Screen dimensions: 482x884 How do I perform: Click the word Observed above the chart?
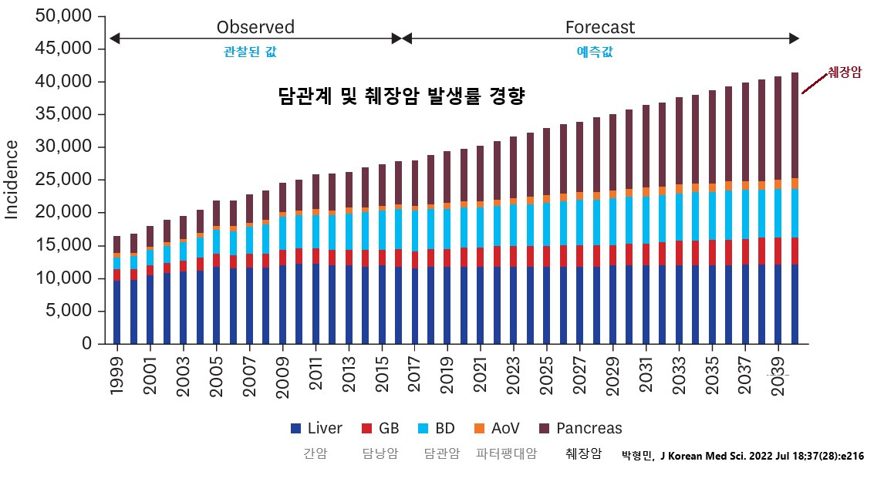pyautogui.click(x=255, y=28)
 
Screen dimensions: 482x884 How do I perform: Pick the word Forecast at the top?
pyautogui.click(x=600, y=28)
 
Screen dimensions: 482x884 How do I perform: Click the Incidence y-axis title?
pyautogui.click(x=12, y=179)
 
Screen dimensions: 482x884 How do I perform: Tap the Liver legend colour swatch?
pyautogui.click(x=295, y=429)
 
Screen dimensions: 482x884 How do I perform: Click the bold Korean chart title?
pyautogui.click(x=401, y=96)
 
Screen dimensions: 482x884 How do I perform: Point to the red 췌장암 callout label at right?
pyautogui.click(x=844, y=72)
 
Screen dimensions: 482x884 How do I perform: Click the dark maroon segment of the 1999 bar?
pyautogui.click(x=117, y=244)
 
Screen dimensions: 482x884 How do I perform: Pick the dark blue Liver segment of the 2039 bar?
pyautogui.click(x=778, y=304)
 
